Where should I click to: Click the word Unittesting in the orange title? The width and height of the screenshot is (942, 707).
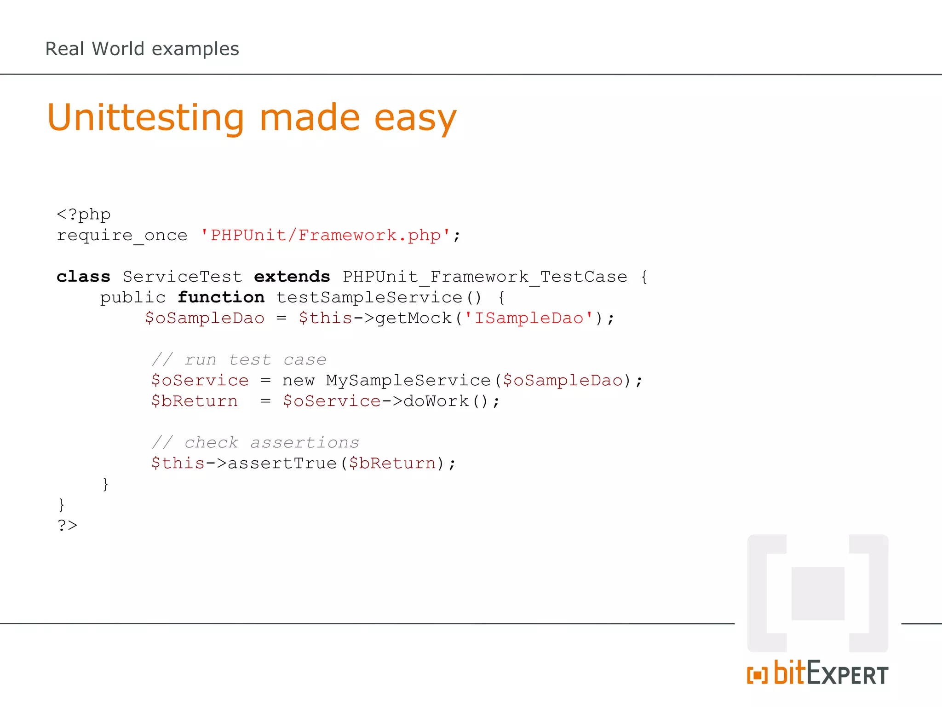coord(145,118)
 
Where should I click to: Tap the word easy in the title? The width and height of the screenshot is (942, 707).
coord(415,118)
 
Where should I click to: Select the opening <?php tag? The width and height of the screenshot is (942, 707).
coord(83,214)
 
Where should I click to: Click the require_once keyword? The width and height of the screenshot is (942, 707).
coord(122,235)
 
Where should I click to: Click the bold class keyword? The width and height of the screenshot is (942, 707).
coord(83,277)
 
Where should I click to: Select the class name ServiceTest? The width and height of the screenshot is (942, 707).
coord(182,277)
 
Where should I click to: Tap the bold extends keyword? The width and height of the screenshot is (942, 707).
coord(292,277)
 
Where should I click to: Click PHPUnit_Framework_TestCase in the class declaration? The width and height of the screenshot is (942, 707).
coord(485,277)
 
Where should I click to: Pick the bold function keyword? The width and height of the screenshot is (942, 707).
coord(221,297)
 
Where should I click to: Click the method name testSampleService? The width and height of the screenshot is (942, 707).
coord(369,297)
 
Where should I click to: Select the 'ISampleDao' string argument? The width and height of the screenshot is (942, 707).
coord(528,318)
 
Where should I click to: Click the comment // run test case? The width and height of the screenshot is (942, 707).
coord(239,359)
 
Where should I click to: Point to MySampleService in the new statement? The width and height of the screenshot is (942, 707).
coord(408,380)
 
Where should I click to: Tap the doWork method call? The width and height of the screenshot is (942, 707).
coord(436,401)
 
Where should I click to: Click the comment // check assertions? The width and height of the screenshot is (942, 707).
coord(255,442)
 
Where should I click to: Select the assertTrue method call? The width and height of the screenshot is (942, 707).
coord(282,463)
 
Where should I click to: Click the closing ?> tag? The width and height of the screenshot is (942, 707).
coord(67,525)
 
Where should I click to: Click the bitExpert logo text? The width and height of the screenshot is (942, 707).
coord(830,673)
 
